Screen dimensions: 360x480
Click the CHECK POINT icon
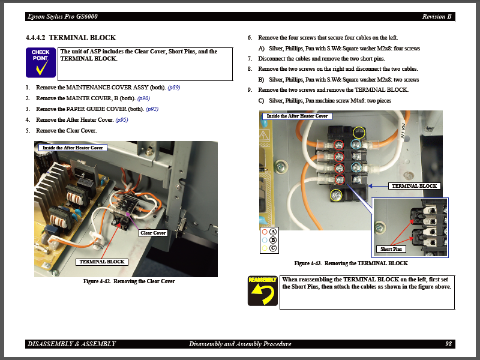coord(41,63)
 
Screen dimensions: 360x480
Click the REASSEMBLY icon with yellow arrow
coord(263,290)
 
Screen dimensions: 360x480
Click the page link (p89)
coord(173,88)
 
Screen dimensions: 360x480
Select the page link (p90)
coord(143,98)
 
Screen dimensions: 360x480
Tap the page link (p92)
coord(152,109)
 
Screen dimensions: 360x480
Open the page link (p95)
coord(121,120)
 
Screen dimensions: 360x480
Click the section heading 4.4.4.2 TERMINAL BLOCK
coord(71,38)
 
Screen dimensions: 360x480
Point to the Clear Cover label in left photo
coord(153,233)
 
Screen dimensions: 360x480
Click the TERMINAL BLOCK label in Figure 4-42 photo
coord(101,262)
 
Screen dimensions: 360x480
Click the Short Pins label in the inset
coord(391,249)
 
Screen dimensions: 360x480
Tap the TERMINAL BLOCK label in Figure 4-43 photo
coord(414,186)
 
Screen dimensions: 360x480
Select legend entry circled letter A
coord(273,232)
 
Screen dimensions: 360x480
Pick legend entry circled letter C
coord(273,248)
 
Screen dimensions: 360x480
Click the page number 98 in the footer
coord(448,344)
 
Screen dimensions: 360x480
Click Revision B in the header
coord(436,16)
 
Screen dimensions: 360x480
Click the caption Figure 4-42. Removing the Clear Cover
coord(129,281)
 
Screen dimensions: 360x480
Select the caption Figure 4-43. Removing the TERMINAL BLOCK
coord(351,263)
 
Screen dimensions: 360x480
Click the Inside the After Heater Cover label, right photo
coord(297,116)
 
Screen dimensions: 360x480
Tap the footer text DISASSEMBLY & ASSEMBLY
coord(71,344)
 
